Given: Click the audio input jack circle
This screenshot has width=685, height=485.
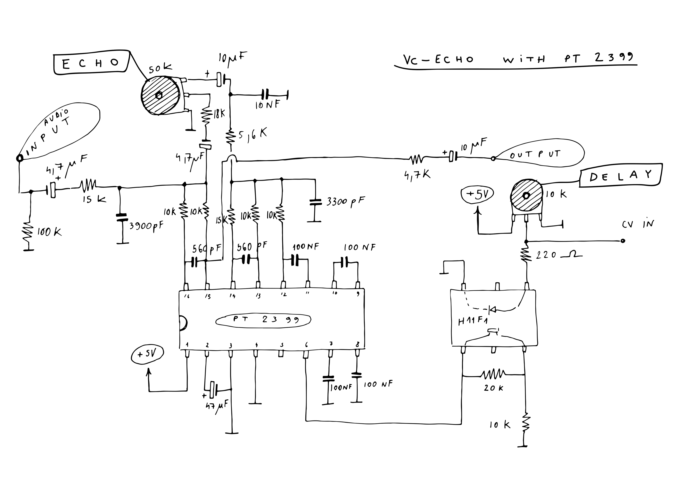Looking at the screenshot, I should pyautogui.click(x=20, y=158).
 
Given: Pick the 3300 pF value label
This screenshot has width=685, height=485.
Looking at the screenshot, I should pyautogui.click(x=345, y=201).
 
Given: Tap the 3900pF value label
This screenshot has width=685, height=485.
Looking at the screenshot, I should pyautogui.click(x=146, y=226).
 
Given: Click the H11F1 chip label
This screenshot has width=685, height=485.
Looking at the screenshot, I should pyautogui.click(x=473, y=322).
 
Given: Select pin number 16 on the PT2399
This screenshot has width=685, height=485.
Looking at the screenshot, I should pyautogui.click(x=187, y=296).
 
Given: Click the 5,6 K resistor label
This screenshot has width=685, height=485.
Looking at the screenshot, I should pyautogui.click(x=252, y=135).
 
